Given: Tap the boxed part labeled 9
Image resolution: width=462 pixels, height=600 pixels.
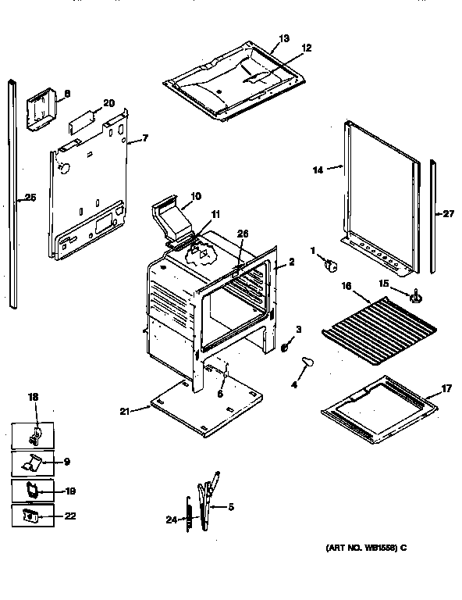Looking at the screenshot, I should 34,462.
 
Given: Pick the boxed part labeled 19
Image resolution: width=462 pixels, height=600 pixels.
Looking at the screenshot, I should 34,490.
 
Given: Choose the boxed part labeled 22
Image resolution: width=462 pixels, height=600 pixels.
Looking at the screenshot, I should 32,516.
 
